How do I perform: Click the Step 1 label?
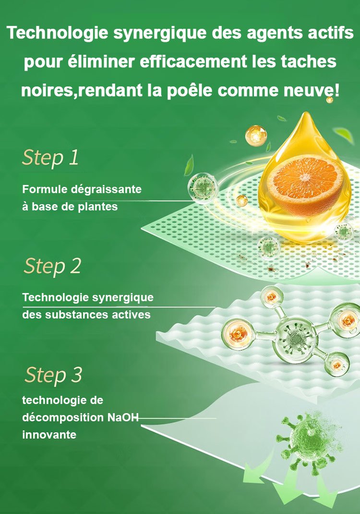tap(50, 158)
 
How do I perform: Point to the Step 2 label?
tap(52, 266)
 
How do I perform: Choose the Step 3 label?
tap(53, 375)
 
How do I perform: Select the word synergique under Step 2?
tap(122, 298)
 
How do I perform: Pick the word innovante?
tap(49, 435)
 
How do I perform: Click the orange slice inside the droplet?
tap(305, 185)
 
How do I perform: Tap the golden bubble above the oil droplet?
tap(256, 136)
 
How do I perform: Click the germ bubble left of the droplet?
tap(203, 188)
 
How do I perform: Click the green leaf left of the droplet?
tap(189, 165)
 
